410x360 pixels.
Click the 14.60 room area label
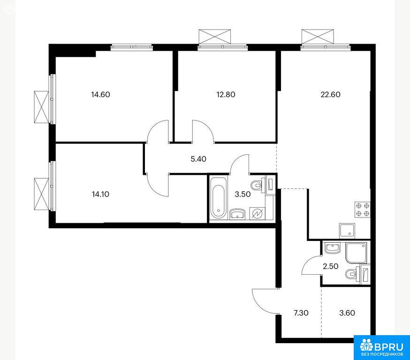tap(100, 94)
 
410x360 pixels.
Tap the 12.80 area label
tap(226, 94)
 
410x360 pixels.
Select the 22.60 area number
tap(331, 94)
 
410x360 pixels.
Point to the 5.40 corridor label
tap(198, 159)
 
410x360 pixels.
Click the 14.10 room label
tap(100, 194)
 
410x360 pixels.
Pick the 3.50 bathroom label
tap(243, 194)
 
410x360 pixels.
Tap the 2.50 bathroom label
tap(331, 266)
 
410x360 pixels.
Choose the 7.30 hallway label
tap(301, 313)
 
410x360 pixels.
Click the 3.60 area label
tap(347, 313)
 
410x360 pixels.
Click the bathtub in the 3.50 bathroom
tap(219, 198)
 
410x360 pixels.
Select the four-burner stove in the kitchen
tap(363, 210)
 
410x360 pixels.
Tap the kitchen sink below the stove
tap(347, 231)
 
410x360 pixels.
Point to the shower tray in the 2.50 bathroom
tap(356, 253)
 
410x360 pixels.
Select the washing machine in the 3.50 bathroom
tap(257, 213)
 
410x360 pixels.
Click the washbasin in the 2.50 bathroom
tap(332, 248)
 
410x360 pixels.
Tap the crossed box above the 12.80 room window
tap(215, 36)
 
